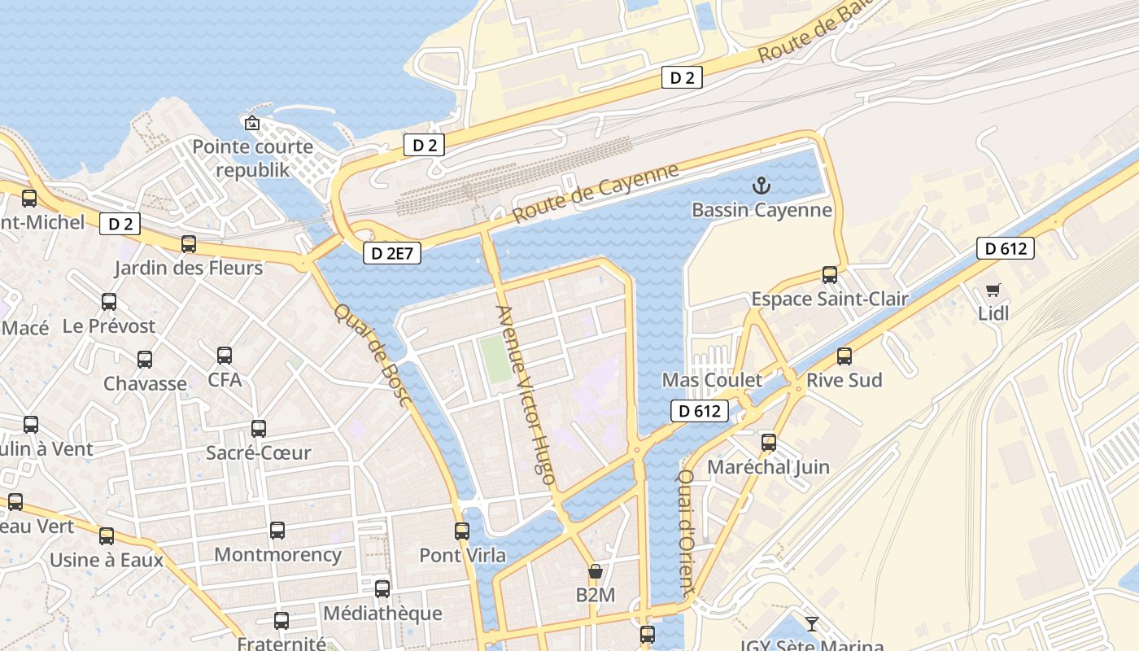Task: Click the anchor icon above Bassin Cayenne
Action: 761,186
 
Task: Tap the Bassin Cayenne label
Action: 762,210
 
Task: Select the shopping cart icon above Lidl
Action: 993,290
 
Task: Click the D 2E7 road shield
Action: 393,253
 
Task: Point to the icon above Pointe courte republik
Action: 252,123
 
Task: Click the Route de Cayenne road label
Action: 596,193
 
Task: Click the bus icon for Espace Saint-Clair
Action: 830,274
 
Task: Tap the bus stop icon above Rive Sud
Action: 844,356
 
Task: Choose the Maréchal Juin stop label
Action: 768,467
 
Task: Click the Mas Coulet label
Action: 712,380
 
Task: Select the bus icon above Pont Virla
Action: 462,531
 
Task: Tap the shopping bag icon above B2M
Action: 596,571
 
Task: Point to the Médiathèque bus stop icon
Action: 382,588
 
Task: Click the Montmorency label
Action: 277,555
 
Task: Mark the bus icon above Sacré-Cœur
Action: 259,428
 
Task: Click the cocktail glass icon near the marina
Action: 811,624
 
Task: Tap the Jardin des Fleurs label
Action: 188,268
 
